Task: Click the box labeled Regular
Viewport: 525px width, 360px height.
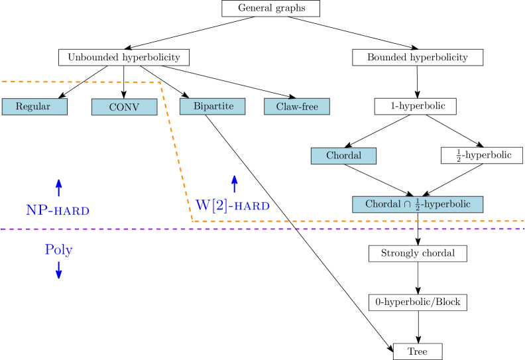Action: (x=34, y=107)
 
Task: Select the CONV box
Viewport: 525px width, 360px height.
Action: (x=124, y=107)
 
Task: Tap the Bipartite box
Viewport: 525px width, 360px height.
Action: (x=212, y=106)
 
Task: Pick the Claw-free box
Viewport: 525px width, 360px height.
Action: (x=296, y=107)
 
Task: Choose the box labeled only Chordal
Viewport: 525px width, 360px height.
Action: (x=343, y=156)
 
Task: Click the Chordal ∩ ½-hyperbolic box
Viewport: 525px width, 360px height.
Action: (x=418, y=204)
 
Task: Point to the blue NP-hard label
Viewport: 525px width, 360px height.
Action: (x=58, y=210)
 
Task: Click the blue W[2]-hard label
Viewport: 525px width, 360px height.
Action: (x=232, y=206)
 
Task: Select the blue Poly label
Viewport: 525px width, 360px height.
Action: (x=58, y=250)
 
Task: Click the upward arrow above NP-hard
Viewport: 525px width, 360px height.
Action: (x=58, y=187)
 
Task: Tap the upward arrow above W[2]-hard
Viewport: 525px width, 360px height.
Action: (x=234, y=183)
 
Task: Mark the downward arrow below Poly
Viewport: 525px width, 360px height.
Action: (x=58, y=270)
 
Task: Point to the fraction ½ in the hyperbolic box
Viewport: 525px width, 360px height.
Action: (x=418, y=205)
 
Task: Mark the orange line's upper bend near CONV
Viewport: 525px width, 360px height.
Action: (x=160, y=83)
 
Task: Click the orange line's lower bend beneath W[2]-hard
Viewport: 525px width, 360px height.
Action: (x=193, y=220)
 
